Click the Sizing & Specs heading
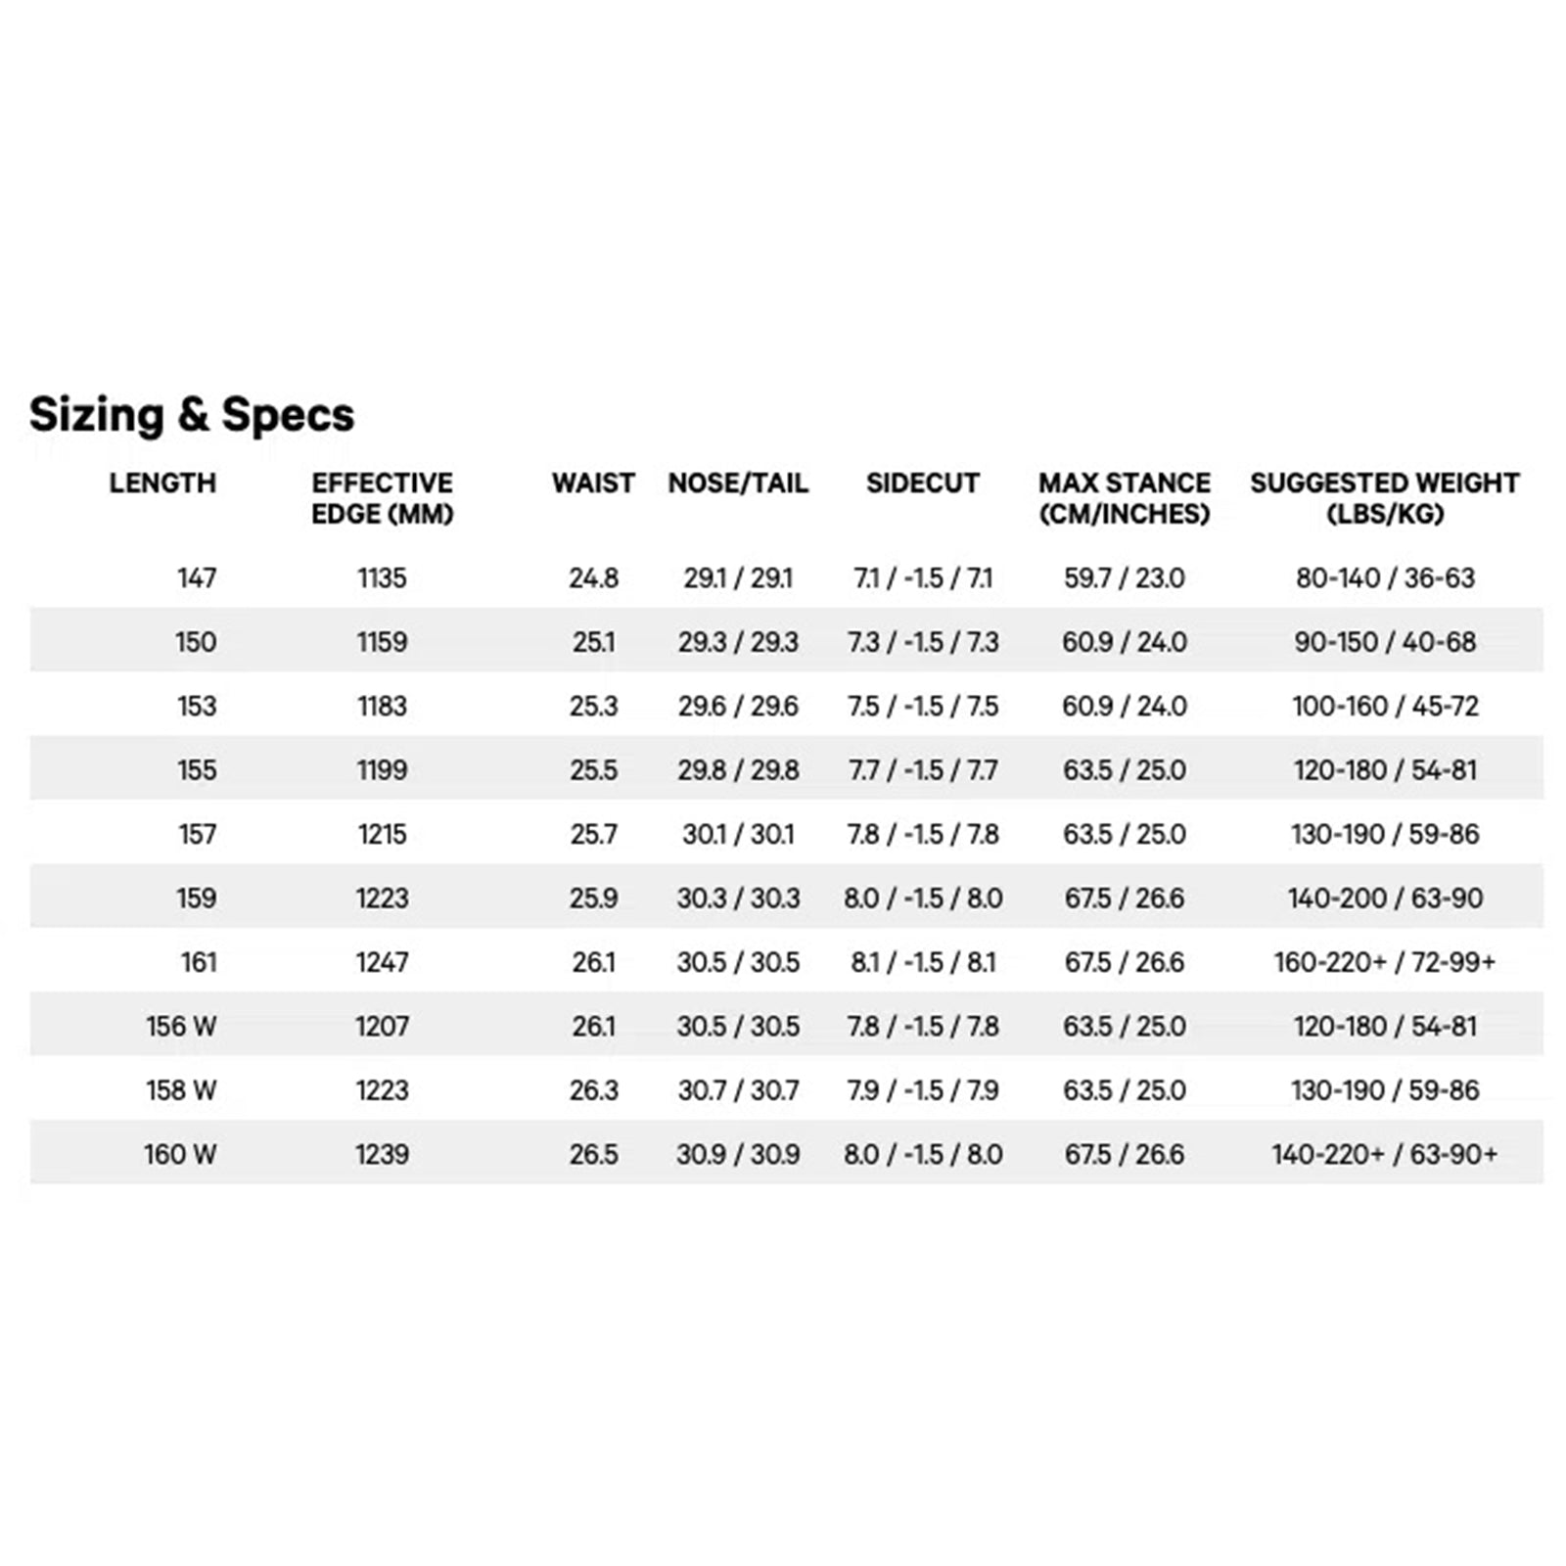(192, 414)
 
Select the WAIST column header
(593, 483)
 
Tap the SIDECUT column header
(922, 483)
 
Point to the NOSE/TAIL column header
(738, 483)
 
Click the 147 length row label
(196, 577)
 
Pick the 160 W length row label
(180, 1154)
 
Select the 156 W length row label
(181, 1026)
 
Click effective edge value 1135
(382, 577)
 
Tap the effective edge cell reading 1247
(382, 962)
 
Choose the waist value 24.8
(593, 577)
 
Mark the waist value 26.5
(593, 1154)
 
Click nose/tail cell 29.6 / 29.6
(738, 706)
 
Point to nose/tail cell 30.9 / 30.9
(738, 1154)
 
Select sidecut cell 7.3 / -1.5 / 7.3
(923, 642)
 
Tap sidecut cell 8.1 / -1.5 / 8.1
(923, 962)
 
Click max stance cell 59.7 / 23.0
(1125, 577)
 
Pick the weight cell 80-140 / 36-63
(1385, 577)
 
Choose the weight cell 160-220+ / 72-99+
(1385, 962)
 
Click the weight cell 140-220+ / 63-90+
(1385, 1154)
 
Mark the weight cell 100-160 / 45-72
(1385, 706)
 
